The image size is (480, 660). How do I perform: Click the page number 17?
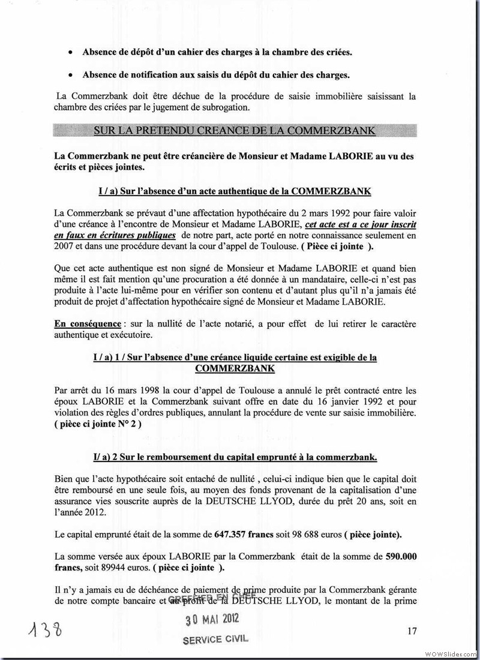412,630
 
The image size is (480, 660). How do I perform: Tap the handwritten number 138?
46,632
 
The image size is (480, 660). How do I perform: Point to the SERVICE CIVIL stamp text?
215,640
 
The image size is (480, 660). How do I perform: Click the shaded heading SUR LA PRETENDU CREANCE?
235,131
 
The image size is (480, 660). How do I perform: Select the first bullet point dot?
71,52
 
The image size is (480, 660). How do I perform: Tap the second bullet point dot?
71,75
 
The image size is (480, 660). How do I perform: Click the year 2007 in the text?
65,246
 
